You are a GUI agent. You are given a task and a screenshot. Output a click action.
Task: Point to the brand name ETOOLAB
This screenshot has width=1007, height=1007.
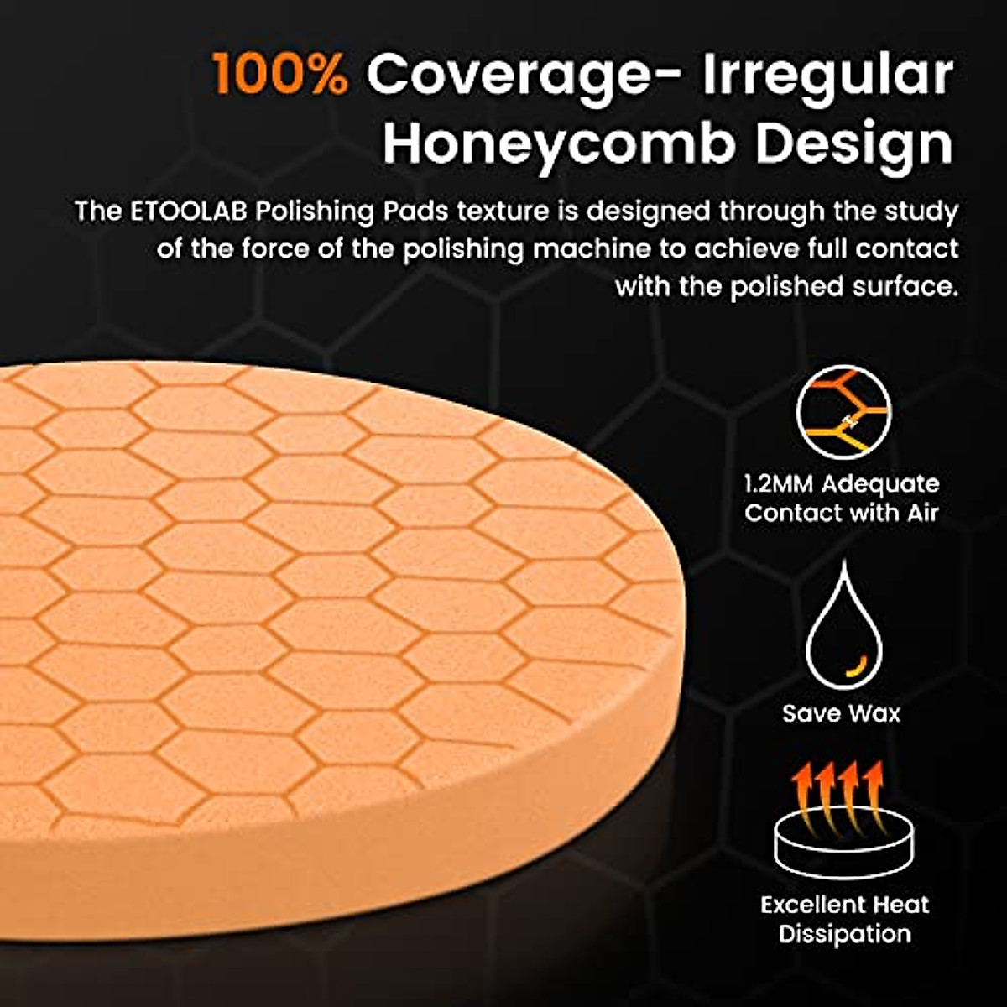tap(188, 211)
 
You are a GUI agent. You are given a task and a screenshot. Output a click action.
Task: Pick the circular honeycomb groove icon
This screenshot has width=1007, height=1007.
tap(843, 412)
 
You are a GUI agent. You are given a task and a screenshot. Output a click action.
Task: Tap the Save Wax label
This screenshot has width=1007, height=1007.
tap(842, 714)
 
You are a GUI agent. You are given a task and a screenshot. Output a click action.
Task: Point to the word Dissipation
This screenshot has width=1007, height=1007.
tap(845, 934)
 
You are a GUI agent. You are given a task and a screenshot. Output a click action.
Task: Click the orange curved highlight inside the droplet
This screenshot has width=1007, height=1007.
tap(855, 665)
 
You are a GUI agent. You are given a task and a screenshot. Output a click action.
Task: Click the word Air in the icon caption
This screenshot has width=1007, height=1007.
tap(923, 513)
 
